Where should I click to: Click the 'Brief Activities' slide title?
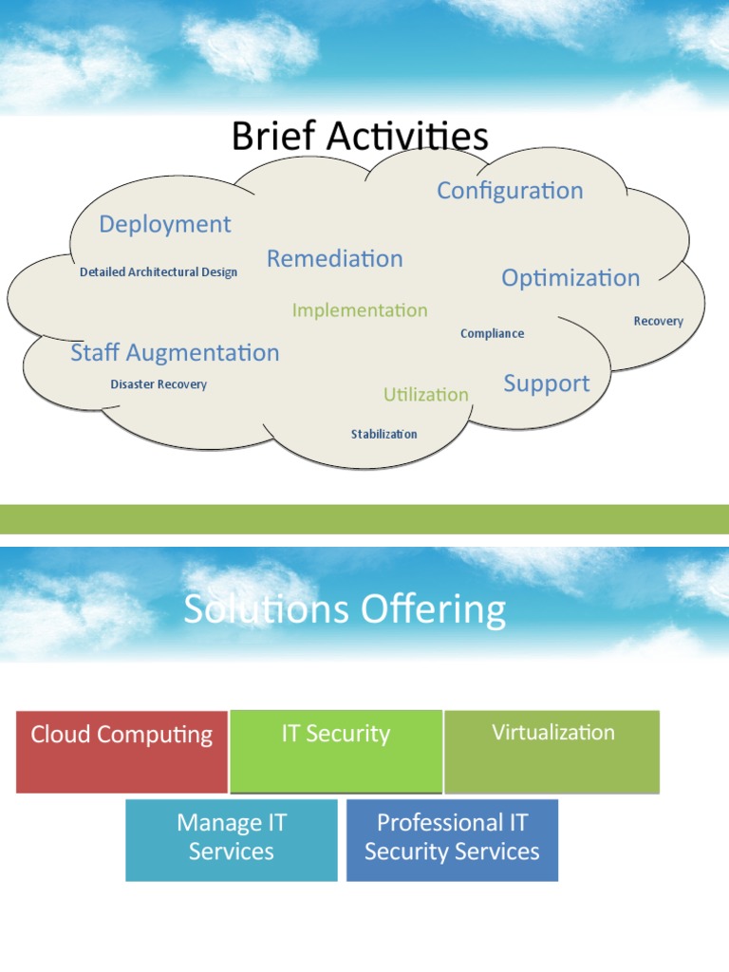click(x=360, y=137)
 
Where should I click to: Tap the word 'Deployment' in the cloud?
click(x=165, y=224)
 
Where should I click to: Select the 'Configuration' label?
click(x=510, y=190)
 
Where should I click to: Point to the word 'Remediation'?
click(x=334, y=258)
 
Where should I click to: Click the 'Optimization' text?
click(x=570, y=278)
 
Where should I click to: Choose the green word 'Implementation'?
click(x=360, y=310)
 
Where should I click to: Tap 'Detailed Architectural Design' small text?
click(x=159, y=272)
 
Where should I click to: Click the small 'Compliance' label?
click(x=492, y=333)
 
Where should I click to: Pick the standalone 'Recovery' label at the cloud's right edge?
click(x=658, y=321)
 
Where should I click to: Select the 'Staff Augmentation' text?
click(x=175, y=353)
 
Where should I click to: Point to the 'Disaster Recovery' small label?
click(x=159, y=384)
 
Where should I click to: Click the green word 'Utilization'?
click(x=426, y=394)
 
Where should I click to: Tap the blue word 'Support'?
click(x=546, y=383)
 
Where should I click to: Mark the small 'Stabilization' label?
click(x=383, y=435)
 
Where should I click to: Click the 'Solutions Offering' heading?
click(x=345, y=610)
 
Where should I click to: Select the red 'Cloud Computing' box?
click(x=121, y=751)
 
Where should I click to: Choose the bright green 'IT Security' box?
click(x=336, y=751)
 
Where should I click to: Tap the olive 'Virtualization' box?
click(x=552, y=751)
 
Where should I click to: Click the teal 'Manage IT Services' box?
click(x=231, y=839)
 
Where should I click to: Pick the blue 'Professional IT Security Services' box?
click(x=452, y=839)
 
